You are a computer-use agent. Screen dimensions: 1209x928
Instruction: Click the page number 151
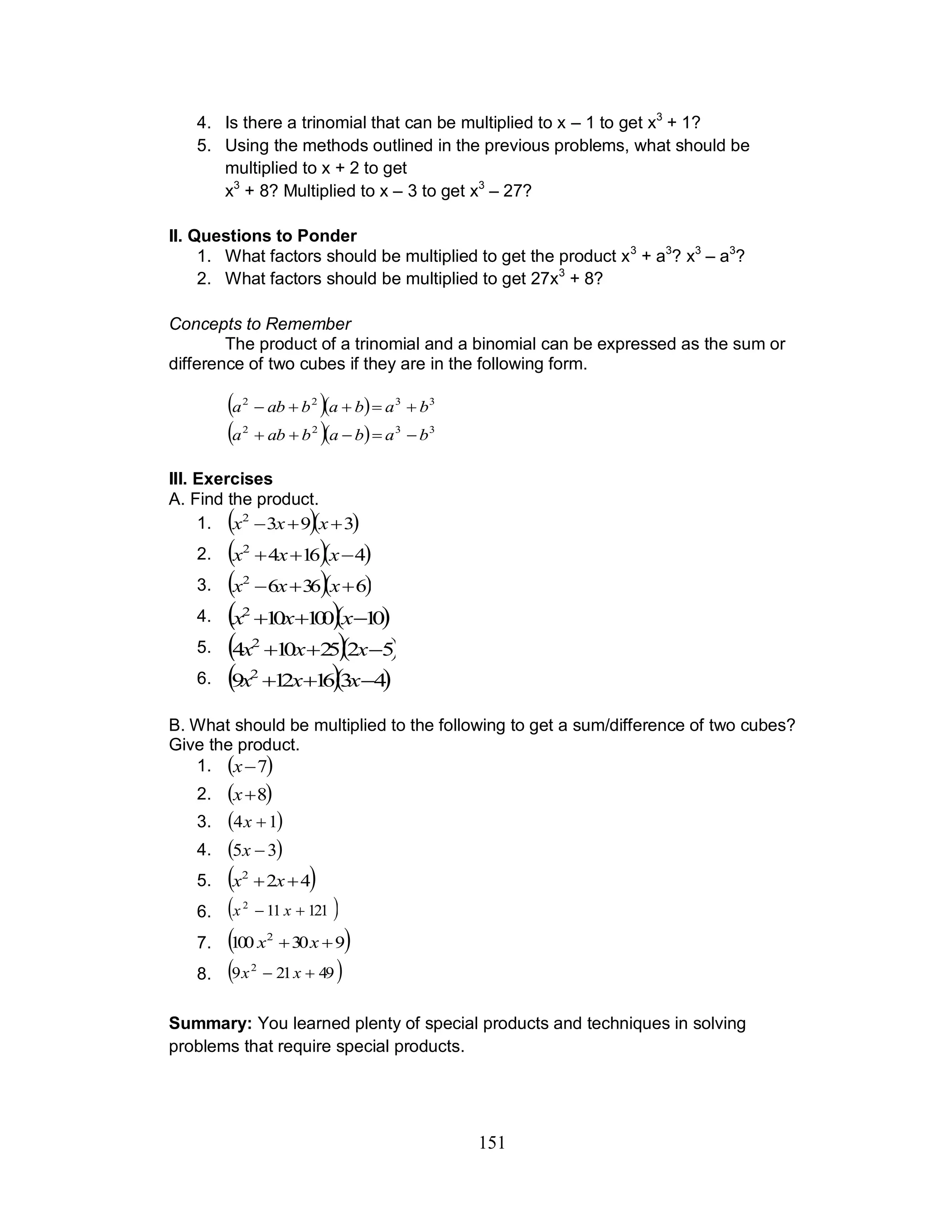tap(492, 1142)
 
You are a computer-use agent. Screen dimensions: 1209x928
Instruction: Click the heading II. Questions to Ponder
tap(262, 236)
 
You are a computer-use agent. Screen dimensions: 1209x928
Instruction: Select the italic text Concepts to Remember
tap(260, 323)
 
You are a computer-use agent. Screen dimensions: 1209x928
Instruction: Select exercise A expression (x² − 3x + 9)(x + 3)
tap(293, 523)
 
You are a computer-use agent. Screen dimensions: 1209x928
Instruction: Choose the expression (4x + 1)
tap(255, 821)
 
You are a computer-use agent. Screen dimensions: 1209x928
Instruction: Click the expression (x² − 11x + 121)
tap(283, 910)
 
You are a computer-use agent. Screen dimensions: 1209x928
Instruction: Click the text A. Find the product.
tap(244, 499)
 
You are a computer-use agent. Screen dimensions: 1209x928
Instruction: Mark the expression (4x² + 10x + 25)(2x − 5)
tap(312, 649)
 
